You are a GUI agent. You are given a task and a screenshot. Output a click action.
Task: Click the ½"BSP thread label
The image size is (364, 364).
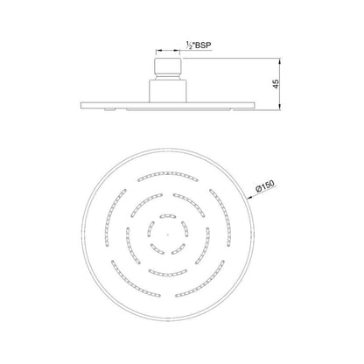(199, 45)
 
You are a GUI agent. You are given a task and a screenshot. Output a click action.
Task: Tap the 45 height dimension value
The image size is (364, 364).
(276, 84)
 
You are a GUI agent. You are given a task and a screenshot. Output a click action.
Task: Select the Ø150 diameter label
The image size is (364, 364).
(265, 185)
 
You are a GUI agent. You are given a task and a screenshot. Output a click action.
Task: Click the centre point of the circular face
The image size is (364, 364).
(167, 234)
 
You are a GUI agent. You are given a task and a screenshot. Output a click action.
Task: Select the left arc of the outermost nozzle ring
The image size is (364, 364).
(112, 217)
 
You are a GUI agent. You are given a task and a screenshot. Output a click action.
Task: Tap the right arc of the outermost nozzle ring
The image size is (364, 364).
(223, 217)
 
